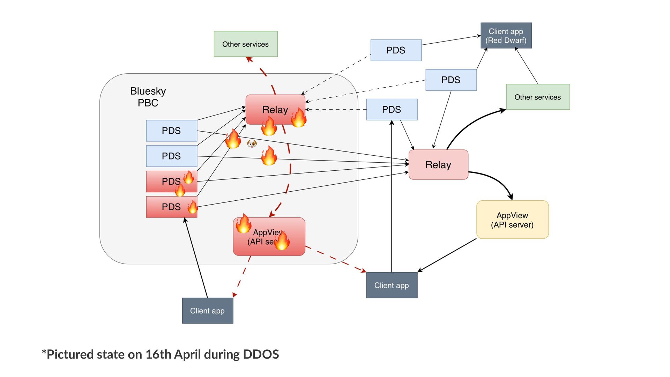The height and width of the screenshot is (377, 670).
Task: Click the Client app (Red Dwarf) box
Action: pyautogui.click(x=506, y=36)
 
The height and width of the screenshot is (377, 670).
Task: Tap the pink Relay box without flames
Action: pyautogui.click(x=438, y=165)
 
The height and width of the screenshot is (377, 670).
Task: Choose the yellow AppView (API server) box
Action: pyautogui.click(x=512, y=220)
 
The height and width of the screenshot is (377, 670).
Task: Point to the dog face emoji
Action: pyautogui.click(x=252, y=143)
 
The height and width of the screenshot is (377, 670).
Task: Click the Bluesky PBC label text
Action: pyautogui.click(x=148, y=97)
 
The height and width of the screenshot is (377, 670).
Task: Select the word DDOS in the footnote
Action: pyautogui.click(x=261, y=355)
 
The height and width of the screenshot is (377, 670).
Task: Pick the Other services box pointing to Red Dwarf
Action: pyautogui.click(x=538, y=97)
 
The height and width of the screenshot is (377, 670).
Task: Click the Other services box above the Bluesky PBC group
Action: pyautogui.click(x=246, y=44)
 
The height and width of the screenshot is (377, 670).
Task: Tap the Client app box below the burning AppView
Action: pyautogui.click(x=207, y=311)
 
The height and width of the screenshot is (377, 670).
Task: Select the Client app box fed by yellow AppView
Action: pyautogui.click(x=392, y=285)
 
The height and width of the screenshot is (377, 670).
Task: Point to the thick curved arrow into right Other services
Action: pyautogui.click(x=471, y=122)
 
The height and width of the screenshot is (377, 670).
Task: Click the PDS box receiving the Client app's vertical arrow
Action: pyautogui.click(x=392, y=110)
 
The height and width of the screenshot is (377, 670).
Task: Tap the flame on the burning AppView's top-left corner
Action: pyautogui.click(x=243, y=223)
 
